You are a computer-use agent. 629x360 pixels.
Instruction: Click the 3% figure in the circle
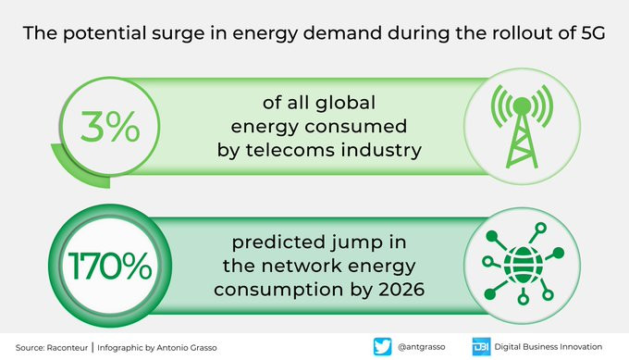coord(110,127)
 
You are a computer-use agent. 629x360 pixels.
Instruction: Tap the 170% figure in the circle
coord(110,266)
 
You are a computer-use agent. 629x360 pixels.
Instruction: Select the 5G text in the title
coord(593,33)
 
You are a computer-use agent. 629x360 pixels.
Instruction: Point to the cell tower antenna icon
coord(522,126)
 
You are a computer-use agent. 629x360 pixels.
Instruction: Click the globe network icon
coord(524,263)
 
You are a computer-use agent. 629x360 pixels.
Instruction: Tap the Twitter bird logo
coord(382,347)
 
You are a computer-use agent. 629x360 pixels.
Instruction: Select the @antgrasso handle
coord(421,347)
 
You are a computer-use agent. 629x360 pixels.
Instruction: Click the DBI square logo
coord(481,347)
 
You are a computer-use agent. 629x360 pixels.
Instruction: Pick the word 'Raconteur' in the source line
coord(67,348)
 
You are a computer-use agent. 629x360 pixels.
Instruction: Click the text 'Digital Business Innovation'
coord(548,347)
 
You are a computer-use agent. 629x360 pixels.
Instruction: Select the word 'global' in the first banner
coord(345,104)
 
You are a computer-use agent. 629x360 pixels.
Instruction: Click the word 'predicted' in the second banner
coord(278,243)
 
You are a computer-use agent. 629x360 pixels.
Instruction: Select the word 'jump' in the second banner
coord(351,243)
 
